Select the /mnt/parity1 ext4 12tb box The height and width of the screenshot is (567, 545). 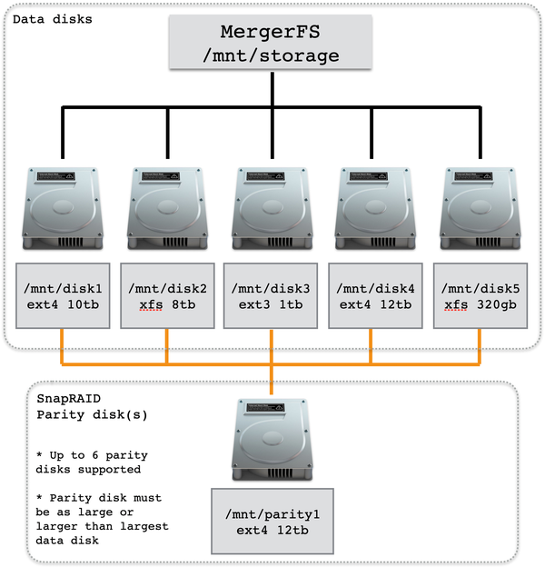pos(272,521)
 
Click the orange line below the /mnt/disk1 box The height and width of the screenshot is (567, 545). pos(63,345)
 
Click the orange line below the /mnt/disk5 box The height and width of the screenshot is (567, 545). pos(480,345)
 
